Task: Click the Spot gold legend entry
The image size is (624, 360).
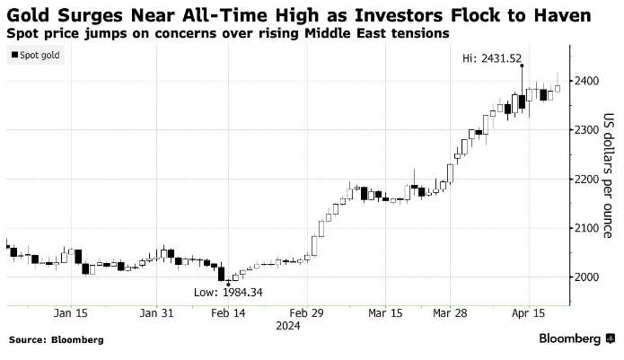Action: click(x=39, y=56)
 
